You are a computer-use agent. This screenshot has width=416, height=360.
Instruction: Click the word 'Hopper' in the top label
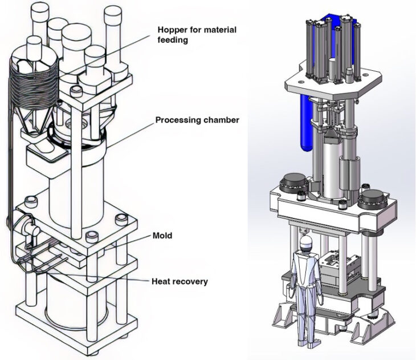pyautogui.click(x=171, y=30)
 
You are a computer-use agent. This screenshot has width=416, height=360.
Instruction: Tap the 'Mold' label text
pyautogui.click(x=162, y=235)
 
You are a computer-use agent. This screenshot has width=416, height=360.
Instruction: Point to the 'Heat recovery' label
pyautogui.click(x=180, y=281)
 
